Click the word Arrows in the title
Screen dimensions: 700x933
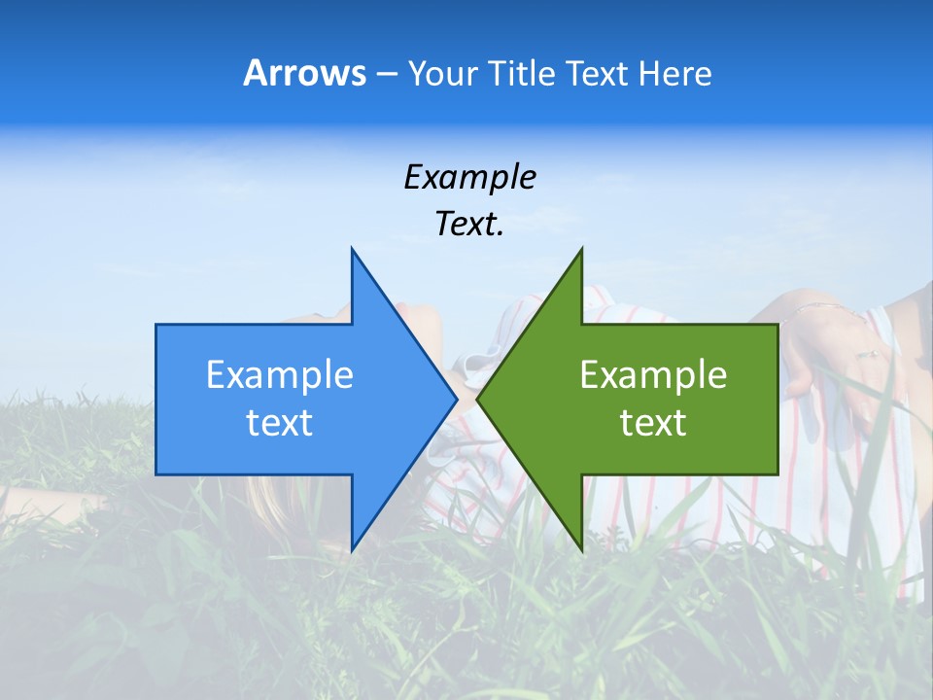304,73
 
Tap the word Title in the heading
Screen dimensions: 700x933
524,73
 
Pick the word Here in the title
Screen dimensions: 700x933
674,73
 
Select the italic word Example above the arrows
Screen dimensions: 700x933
469,177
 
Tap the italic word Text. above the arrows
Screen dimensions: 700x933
469,225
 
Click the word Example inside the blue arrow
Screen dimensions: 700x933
280,374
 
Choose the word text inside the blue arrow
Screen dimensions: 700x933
280,423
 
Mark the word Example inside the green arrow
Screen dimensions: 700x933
653,374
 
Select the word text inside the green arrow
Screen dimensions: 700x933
653,423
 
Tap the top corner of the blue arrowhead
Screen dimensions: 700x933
352,250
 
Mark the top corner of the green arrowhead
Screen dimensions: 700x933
581,250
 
